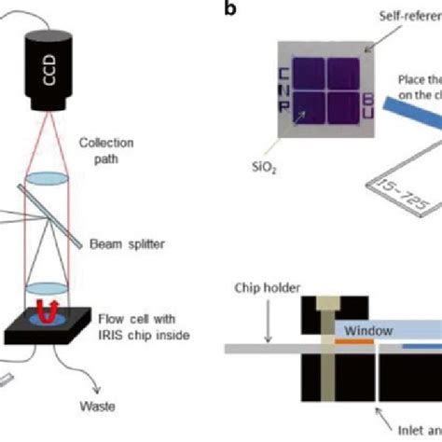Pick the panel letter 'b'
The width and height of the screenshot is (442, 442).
(x=228, y=10)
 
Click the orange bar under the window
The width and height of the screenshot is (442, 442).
(x=353, y=346)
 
